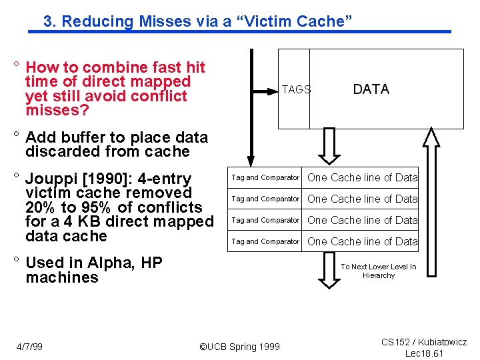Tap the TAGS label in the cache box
[x=296, y=89]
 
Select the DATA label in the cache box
[x=371, y=89]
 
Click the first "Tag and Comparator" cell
[x=265, y=177]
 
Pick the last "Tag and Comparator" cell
[x=265, y=241]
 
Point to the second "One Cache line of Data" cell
[x=362, y=199]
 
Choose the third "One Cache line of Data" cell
[x=362, y=220]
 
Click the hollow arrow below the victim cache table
[x=330, y=269]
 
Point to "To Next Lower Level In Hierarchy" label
[x=378, y=271]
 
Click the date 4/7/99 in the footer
[x=29, y=346]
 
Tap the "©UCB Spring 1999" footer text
[x=240, y=346]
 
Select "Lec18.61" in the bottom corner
[x=424, y=353]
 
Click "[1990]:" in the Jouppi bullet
[x=107, y=179]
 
